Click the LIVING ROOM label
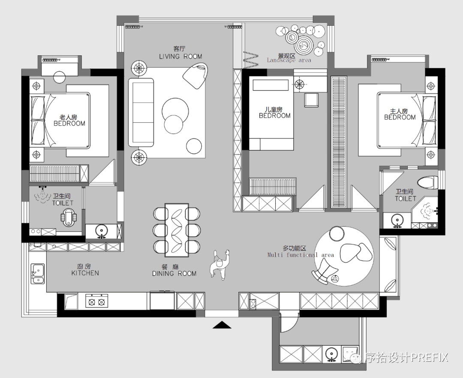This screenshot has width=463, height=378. tap(180, 57)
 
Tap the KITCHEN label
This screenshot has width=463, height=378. tap(85, 273)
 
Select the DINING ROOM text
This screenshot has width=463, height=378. tap(174, 274)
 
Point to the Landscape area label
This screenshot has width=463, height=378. tap(289, 60)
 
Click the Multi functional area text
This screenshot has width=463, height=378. tap(301, 255)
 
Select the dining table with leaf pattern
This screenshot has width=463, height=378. tap(177, 230)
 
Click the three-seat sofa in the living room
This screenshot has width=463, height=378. tap(141, 112)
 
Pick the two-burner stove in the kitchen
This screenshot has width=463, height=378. tap(96, 301)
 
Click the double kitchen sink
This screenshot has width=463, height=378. tap(38, 274)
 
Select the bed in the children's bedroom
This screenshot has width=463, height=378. tap(271, 113)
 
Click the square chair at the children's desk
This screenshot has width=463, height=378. tap(312, 100)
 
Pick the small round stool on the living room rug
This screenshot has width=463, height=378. tap(194, 146)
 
